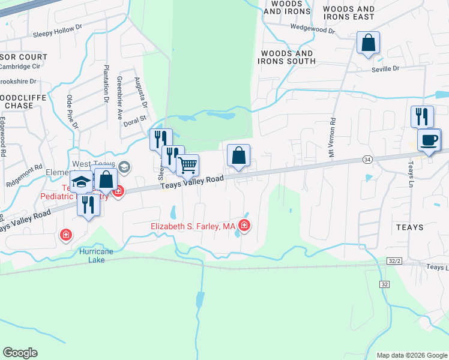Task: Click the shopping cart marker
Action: tap(188, 165)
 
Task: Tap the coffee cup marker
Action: tap(429, 141)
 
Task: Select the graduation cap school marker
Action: tap(80, 182)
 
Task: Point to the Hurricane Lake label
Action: tap(96, 256)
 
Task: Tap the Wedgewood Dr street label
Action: tap(312, 27)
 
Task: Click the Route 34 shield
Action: tap(367, 159)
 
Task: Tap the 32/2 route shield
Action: tap(394, 262)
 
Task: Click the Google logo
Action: tap(20, 353)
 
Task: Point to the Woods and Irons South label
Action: tap(286, 58)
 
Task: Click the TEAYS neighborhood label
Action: tap(410, 227)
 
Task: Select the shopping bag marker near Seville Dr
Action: tap(369, 43)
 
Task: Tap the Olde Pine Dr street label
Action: tap(72, 111)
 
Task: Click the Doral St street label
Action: tap(134, 121)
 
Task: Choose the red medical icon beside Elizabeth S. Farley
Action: tap(244, 226)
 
